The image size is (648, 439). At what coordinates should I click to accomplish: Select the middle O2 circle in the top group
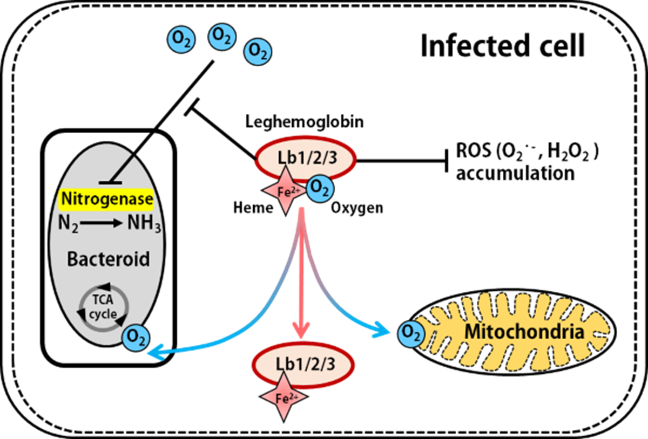click(222, 36)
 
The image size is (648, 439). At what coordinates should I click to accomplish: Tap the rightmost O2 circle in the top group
click(258, 52)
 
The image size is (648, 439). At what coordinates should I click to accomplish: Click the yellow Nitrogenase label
click(106, 199)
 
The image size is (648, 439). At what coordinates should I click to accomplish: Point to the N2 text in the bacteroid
click(69, 223)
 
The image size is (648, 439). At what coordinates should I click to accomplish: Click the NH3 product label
click(144, 223)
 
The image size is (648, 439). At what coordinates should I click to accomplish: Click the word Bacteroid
click(108, 259)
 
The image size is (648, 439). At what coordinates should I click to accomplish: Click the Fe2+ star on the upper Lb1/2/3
click(285, 190)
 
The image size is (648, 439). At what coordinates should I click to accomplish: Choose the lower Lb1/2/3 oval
click(303, 365)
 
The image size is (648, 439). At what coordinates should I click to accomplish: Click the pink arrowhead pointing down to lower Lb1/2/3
click(301, 329)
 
